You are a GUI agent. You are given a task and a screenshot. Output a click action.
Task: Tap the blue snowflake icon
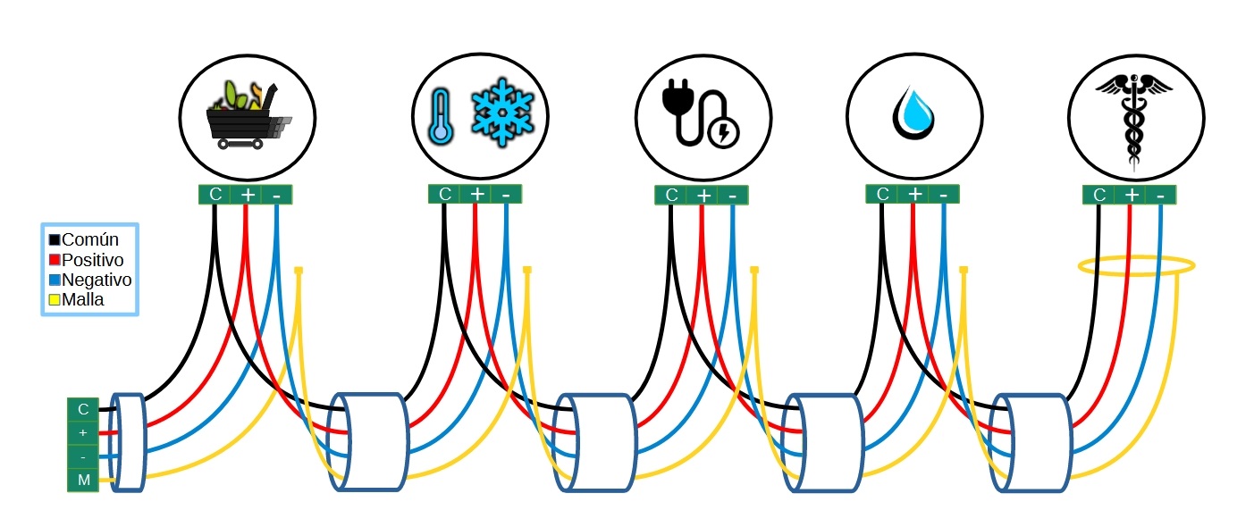pyautogui.click(x=502, y=112)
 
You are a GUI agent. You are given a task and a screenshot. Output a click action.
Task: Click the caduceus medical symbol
pyautogui.click(x=1133, y=116)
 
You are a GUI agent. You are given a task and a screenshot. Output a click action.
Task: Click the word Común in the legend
pyautogui.click(x=90, y=239)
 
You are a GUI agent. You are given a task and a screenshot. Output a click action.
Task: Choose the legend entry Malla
pyautogui.click(x=83, y=300)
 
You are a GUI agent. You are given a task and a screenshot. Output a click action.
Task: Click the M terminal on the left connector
pyautogui.click(x=83, y=481)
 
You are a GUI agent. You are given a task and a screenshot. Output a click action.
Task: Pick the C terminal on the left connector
pyautogui.click(x=83, y=409)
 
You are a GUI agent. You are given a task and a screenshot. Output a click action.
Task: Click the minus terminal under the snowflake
pyautogui.click(x=506, y=194)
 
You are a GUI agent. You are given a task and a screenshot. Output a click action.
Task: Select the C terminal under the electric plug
pyautogui.click(x=671, y=196)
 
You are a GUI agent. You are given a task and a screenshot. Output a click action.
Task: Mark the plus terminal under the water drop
pyautogui.click(x=913, y=194)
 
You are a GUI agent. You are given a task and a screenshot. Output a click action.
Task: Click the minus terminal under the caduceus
pyautogui.click(x=1160, y=196)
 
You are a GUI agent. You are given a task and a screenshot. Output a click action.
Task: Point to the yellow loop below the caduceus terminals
pyautogui.click(x=1136, y=265)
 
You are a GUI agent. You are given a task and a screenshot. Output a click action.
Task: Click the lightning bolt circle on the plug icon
pyautogui.click(x=723, y=133)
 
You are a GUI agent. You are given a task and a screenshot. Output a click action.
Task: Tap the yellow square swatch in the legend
pyautogui.click(x=55, y=300)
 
